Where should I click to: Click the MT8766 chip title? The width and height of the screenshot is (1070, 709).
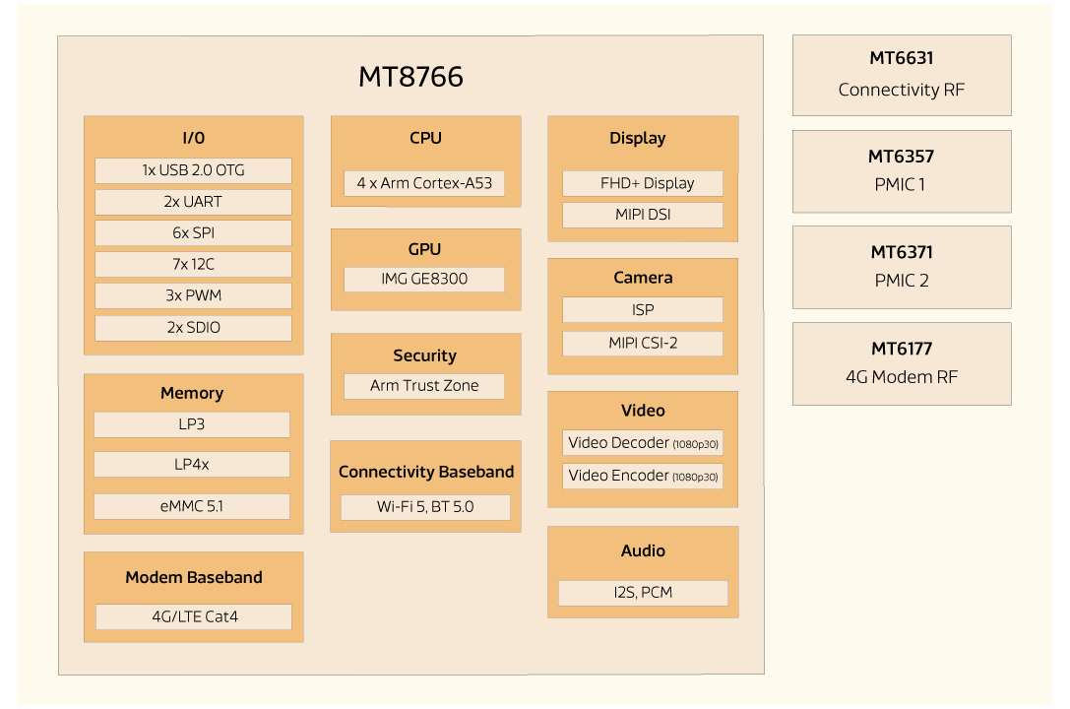click(410, 77)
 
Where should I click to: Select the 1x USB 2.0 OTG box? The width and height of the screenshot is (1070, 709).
click(193, 170)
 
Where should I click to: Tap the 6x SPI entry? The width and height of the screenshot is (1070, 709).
click(193, 233)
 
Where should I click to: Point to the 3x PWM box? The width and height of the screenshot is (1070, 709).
click(193, 295)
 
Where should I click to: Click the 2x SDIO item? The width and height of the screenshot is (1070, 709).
click(193, 327)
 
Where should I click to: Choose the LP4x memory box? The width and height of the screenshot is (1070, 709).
click(192, 464)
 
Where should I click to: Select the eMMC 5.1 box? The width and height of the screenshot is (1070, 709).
click(192, 506)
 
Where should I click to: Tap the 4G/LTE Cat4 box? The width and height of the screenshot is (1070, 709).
click(194, 616)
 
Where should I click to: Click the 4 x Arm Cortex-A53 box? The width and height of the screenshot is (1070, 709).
click(424, 183)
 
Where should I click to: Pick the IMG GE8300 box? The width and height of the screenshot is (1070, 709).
click(424, 279)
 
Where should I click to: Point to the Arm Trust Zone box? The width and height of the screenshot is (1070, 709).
click(424, 386)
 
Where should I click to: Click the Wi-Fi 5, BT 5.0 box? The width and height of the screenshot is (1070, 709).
click(425, 507)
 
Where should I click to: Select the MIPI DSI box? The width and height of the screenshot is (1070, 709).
click(643, 215)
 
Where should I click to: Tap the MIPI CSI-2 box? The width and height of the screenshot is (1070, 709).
click(643, 343)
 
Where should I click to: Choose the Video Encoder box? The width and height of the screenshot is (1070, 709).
click(643, 476)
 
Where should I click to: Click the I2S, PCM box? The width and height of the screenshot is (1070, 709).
click(643, 593)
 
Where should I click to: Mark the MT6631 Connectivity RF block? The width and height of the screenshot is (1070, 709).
click(901, 75)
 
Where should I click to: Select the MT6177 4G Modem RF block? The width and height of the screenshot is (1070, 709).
click(901, 363)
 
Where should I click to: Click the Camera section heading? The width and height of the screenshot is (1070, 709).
click(643, 278)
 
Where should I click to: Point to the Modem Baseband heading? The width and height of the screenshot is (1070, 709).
click(194, 578)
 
